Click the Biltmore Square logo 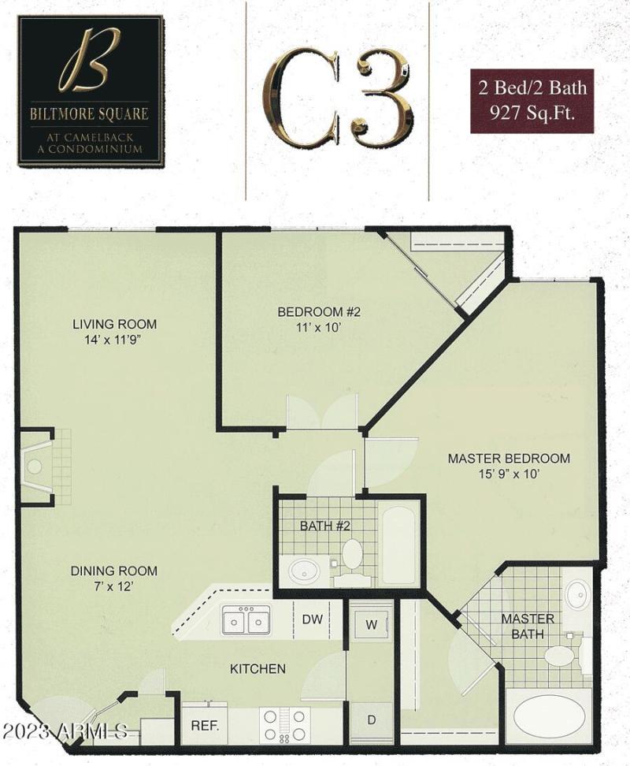pos(91,91)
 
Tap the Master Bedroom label pos(509,466)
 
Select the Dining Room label pos(114,578)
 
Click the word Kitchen pos(258,669)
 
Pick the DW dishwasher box pos(313,619)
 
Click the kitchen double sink pos(245,620)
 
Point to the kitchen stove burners pos(284,723)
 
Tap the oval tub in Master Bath pos(550,717)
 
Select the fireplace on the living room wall pos(35,467)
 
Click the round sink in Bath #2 pos(303,570)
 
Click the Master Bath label pos(528,626)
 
